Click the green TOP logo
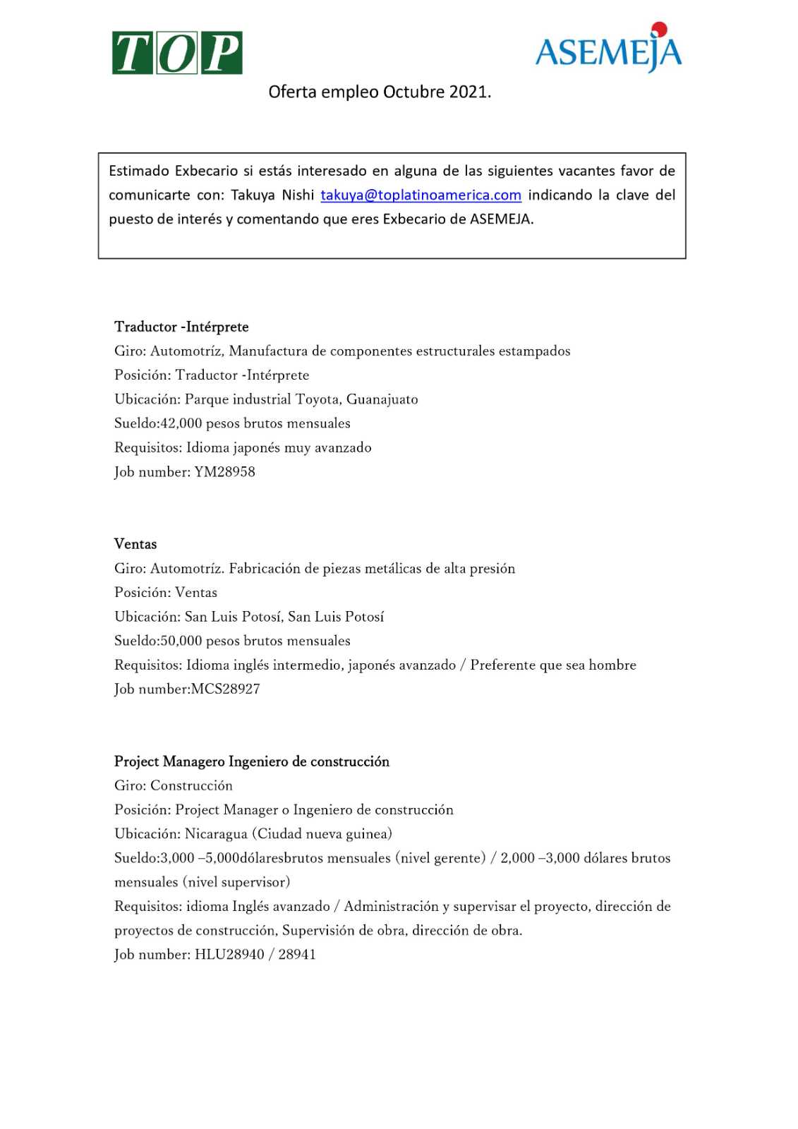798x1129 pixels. (x=177, y=53)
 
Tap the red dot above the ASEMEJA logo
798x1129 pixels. (x=658, y=29)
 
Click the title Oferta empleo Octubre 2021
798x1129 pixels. (x=380, y=92)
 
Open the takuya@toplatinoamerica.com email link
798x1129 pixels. (x=421, y=195)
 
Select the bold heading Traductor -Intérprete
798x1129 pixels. (x=181, y=327)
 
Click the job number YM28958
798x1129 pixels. (x=224, y=471)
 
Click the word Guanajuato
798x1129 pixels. (x=382, y=399)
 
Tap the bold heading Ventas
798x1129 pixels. (x=135, y=544)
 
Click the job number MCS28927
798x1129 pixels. (x=225, y=689)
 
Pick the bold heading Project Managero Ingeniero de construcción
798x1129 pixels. (x=252, y=761)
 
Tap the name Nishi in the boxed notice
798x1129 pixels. (x=298, y=195)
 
